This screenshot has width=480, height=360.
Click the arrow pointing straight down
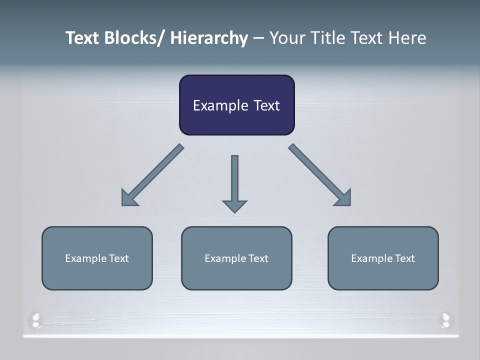234,182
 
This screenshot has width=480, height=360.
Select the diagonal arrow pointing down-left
153,175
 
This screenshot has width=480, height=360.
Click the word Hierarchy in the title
209,38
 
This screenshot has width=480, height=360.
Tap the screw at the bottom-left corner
36,320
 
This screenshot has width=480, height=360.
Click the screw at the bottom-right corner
445,320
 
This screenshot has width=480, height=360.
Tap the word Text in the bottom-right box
404,258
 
